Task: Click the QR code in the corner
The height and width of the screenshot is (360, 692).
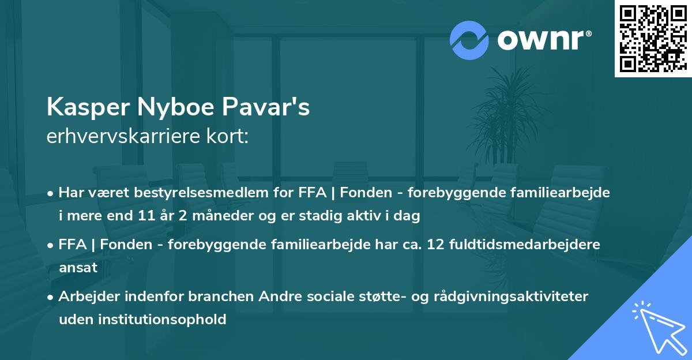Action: [653, 39]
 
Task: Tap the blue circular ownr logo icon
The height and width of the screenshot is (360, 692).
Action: [469, 40]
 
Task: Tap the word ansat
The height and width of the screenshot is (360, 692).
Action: [78, 268]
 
